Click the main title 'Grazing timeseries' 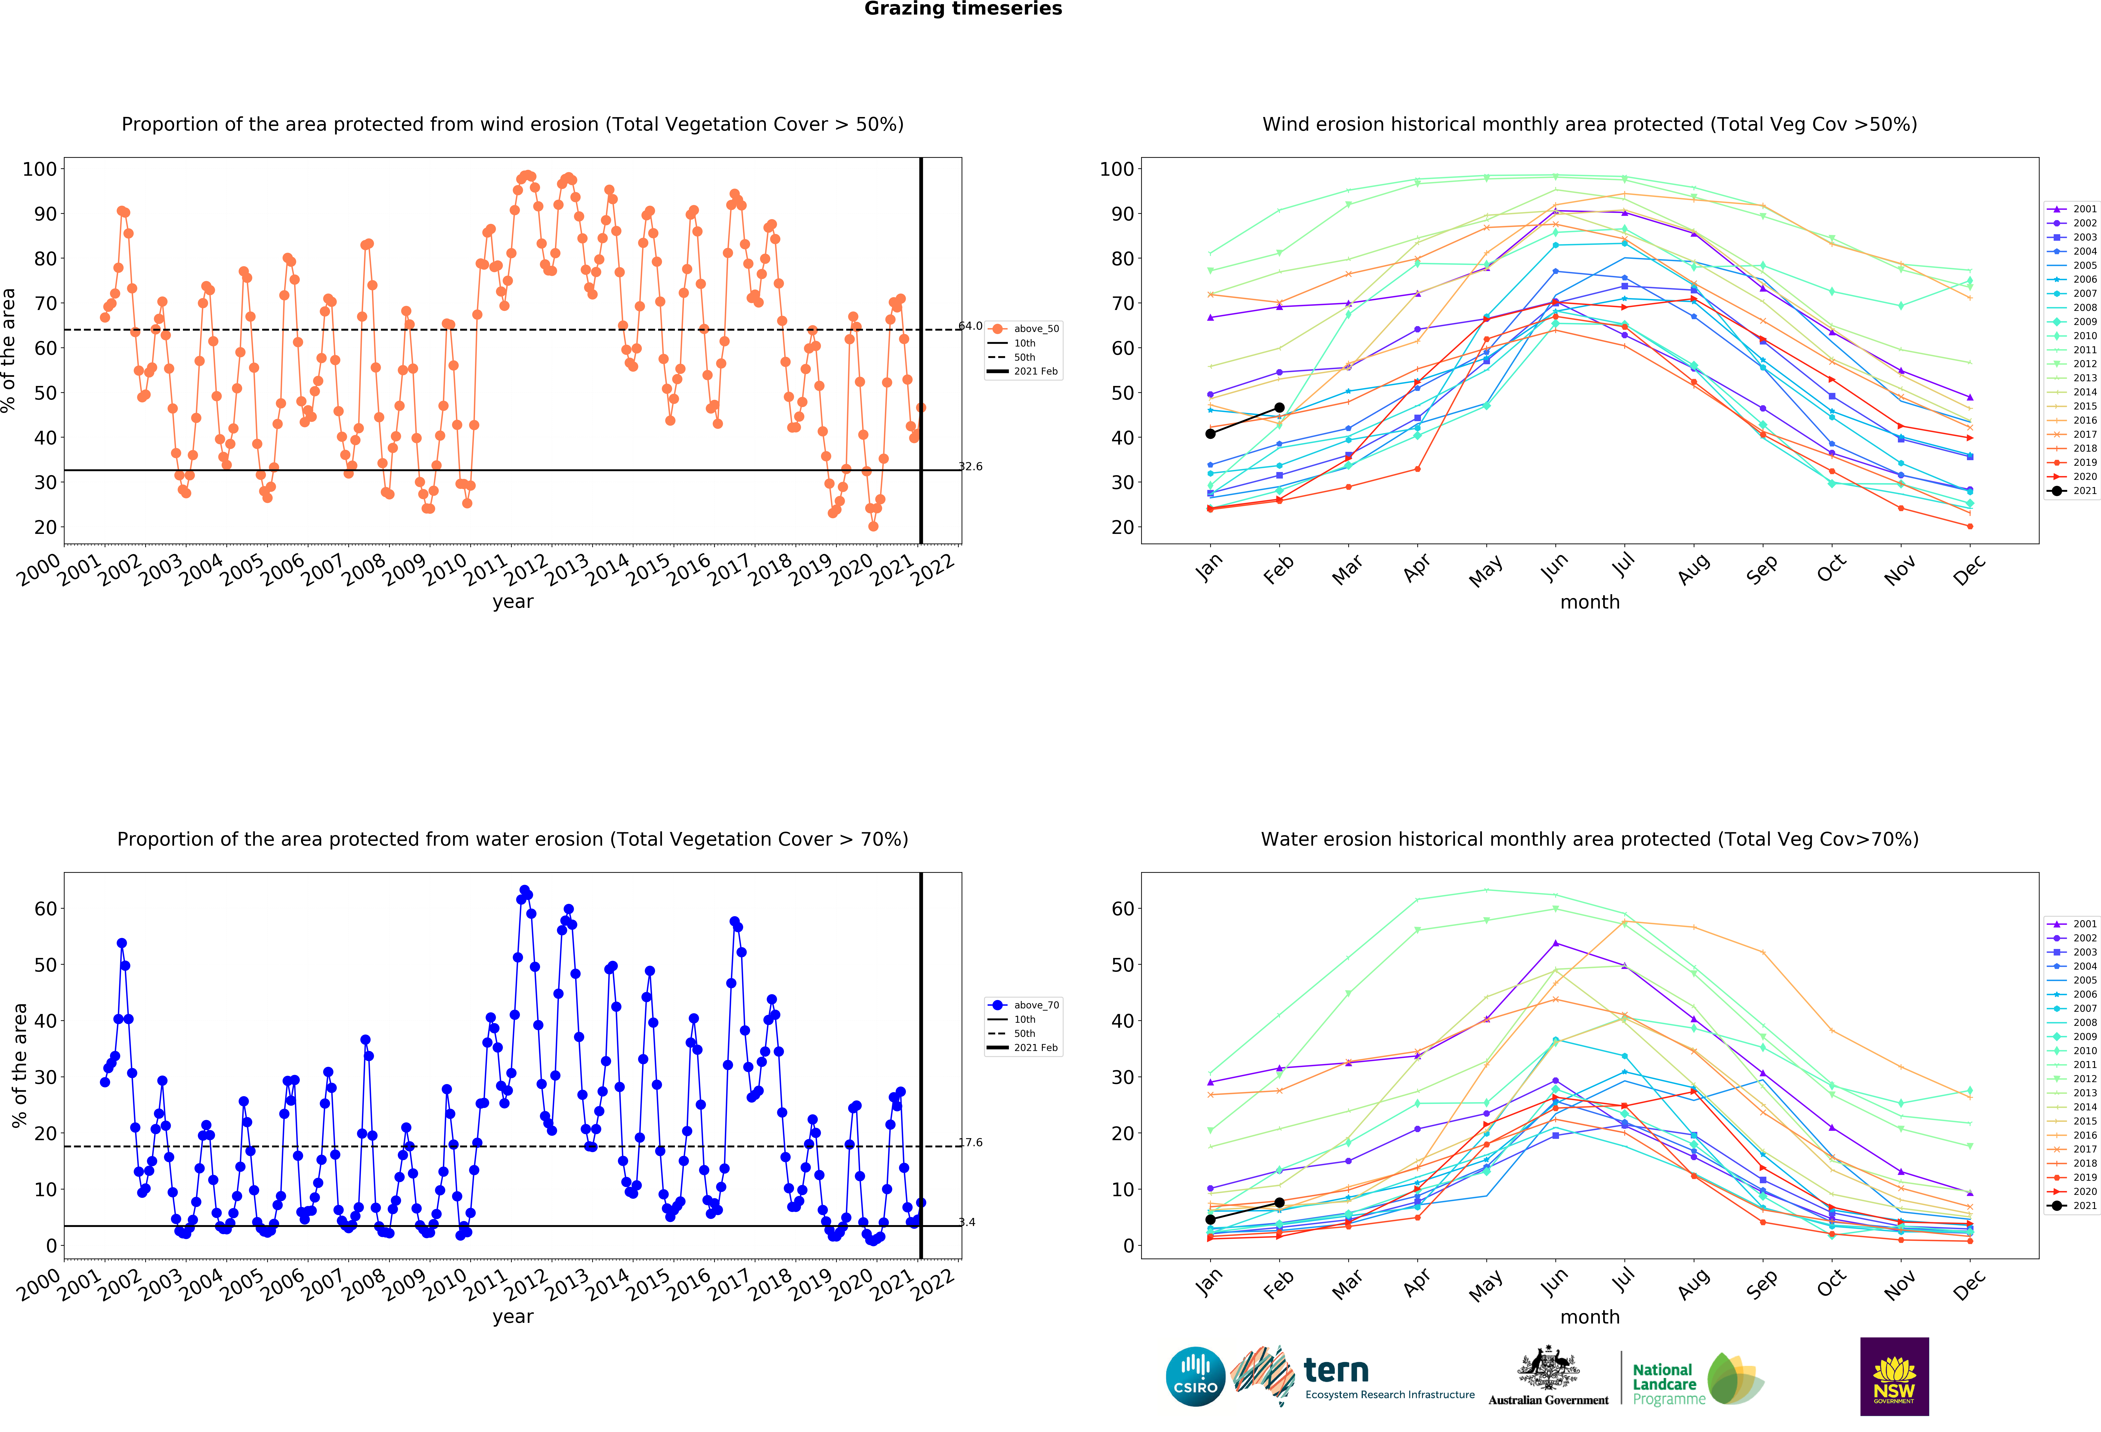pos(963,9)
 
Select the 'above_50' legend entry pos(1024,329)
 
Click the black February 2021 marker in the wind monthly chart pos(1279,408)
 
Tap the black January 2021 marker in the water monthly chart pos(1210,1220)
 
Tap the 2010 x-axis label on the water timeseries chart pos(445,1285)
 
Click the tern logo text pos(1336,1371)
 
